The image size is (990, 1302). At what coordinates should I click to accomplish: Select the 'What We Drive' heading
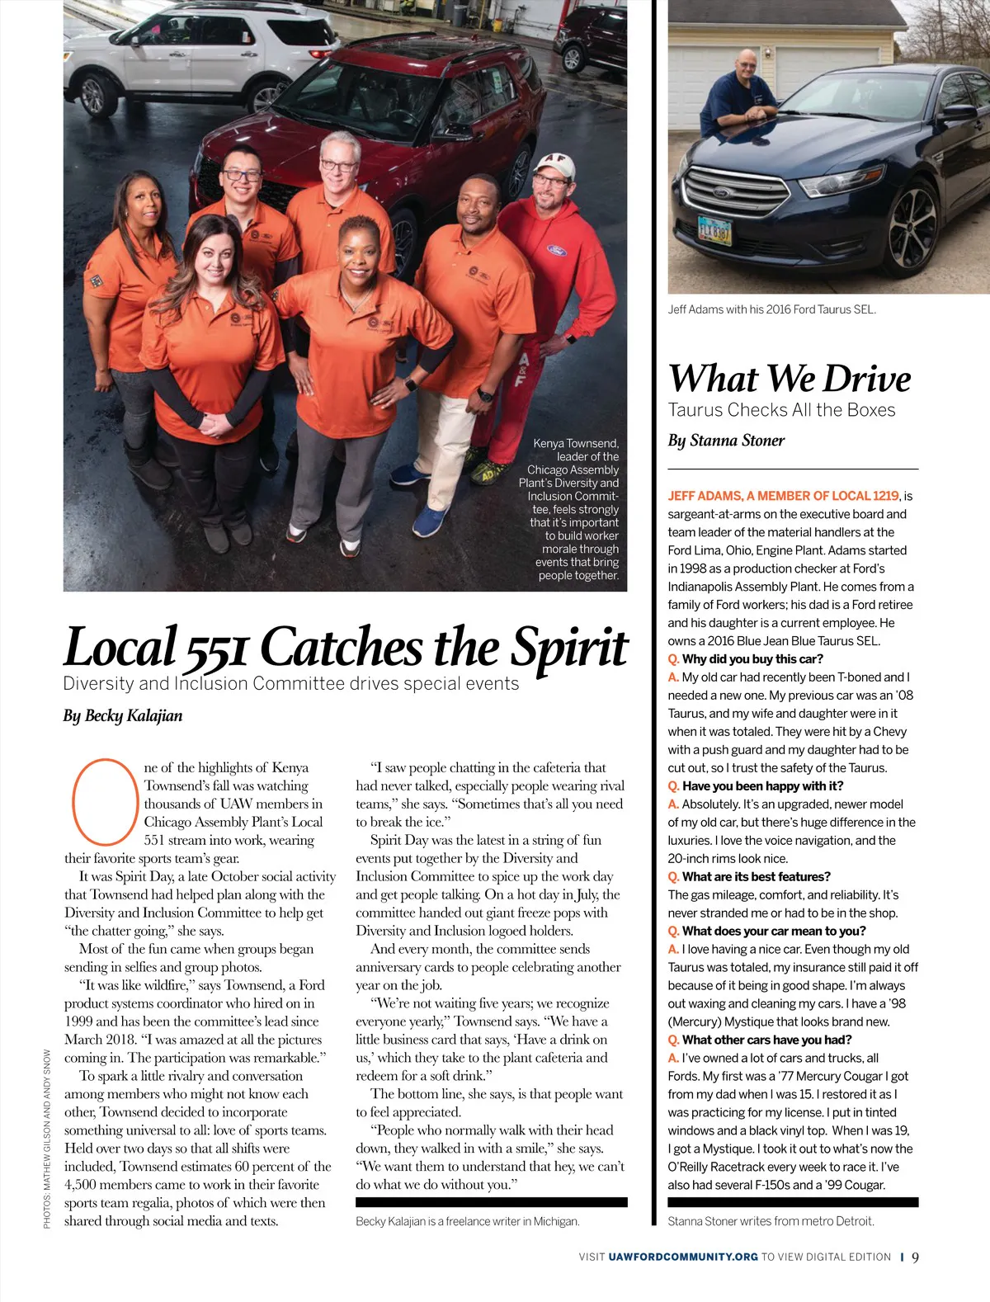point(790,379)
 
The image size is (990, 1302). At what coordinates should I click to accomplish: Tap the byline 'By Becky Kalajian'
point(123,715)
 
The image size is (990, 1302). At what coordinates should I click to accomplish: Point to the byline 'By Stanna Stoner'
point(726,441)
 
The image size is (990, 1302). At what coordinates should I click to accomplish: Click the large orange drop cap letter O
point(103,801)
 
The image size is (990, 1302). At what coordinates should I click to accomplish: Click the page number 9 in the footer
point(915,1257)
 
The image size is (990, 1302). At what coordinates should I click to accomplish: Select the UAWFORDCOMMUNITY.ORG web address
point(683,1257)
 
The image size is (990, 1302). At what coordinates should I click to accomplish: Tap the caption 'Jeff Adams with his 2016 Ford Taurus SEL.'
point(771,309)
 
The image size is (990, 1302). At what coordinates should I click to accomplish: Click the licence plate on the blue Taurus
point(714,230)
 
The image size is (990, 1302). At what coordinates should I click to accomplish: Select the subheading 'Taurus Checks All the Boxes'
point(781,410)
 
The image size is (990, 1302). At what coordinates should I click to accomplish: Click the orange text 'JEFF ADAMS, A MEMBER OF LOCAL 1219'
point(783,496)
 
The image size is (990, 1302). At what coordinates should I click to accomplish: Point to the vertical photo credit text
point(47,1138)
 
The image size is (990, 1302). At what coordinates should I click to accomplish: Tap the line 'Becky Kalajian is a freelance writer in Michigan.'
point(468,1221)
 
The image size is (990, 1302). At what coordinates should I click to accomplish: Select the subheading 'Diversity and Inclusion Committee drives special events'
point(291,684)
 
